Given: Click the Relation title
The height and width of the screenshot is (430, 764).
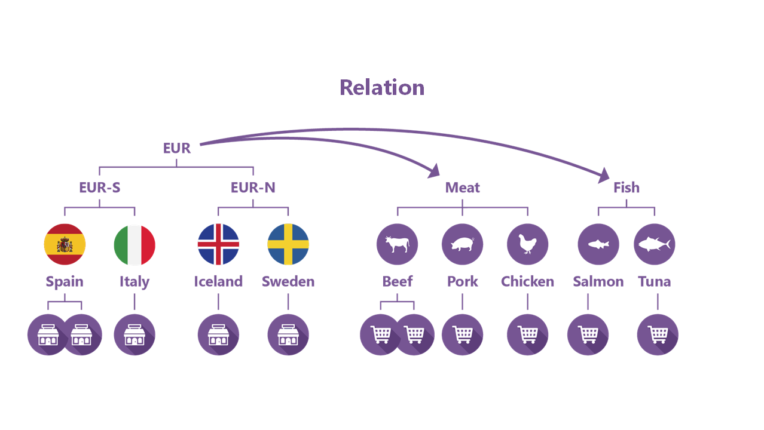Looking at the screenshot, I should click(x=382, y=88).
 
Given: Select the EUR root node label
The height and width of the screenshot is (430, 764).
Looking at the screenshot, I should click(x=177, y=148).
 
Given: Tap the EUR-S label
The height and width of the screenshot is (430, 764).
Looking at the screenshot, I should click(x=100, y=188).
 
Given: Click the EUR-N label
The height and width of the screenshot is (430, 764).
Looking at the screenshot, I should click(x=253, y=188).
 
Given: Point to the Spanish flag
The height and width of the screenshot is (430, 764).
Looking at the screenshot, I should click(x=65, y=244).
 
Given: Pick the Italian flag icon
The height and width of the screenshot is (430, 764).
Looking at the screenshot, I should click(x=135, y=244).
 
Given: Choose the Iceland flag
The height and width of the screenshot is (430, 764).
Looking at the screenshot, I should click(x=218, y=244).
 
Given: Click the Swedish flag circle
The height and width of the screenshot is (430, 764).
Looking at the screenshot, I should click(x=288, y=244).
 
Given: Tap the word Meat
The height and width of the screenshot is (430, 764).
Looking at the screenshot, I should click(x=462, y=188).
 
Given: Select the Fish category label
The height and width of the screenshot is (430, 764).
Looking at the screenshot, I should click(x=626, y=188).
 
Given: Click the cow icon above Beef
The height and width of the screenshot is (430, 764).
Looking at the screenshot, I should click(x=397, y=244).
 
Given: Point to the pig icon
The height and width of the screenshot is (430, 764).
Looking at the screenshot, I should click(x=462, y=244).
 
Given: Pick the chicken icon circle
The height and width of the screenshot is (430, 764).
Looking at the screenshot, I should click(x=527, y=244).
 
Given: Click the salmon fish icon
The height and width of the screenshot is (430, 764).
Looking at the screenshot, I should click(x=598, y=244).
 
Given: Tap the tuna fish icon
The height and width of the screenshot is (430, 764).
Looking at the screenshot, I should click(x=654, y=244).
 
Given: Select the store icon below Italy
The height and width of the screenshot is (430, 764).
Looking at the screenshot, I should click(x=135, y=334).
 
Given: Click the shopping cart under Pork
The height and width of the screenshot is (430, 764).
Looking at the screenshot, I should click(x=462, y=334).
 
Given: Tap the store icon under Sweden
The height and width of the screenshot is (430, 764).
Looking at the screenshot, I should click(x=288, y=334).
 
